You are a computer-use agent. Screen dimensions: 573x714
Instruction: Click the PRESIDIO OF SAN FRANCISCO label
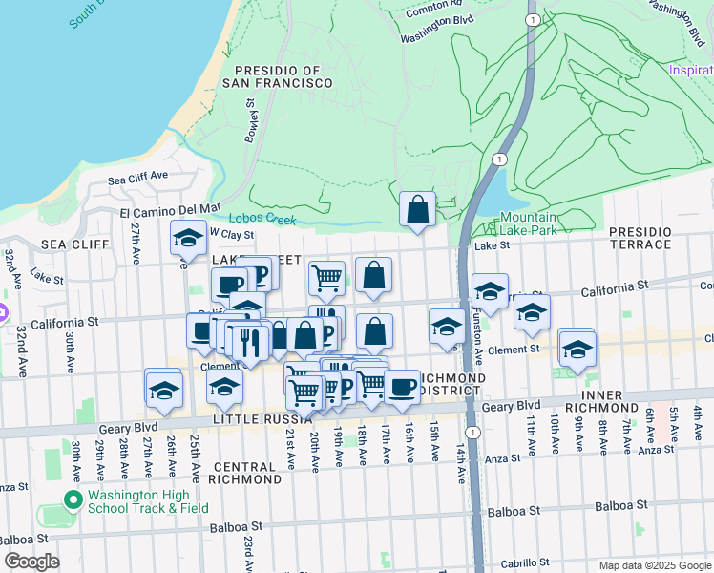(278, 76)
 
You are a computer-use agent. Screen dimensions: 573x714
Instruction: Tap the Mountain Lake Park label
(529, 224)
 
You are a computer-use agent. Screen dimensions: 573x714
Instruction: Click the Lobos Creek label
(262, 219)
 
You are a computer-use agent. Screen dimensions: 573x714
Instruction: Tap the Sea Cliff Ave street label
(137, 178)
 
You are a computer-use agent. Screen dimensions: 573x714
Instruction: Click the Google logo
(31, 562)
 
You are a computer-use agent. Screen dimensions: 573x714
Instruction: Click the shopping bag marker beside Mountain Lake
(417, 210)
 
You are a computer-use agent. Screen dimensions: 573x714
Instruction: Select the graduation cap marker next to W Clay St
(188, 239)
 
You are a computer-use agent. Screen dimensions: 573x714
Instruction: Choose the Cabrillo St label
(516, 563)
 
